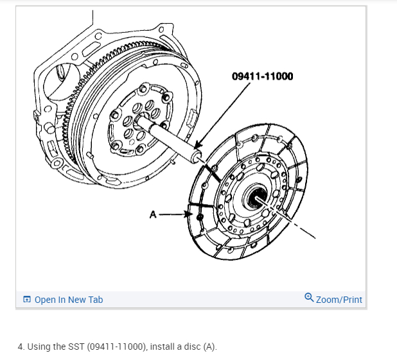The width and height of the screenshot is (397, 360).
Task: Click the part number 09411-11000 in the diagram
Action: pos(262,76)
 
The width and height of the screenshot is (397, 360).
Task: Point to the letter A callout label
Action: pos(153,215)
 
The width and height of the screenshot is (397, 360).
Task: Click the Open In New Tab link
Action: pos(68,300)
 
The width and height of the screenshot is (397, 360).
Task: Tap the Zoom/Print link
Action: pos(339,300)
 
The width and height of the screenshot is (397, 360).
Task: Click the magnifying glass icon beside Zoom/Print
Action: pos(309,298)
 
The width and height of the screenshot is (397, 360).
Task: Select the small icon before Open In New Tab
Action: pos(26,300)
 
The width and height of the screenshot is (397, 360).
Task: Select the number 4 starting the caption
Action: pos(21,347)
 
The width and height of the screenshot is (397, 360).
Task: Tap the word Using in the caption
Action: pos(39,347)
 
